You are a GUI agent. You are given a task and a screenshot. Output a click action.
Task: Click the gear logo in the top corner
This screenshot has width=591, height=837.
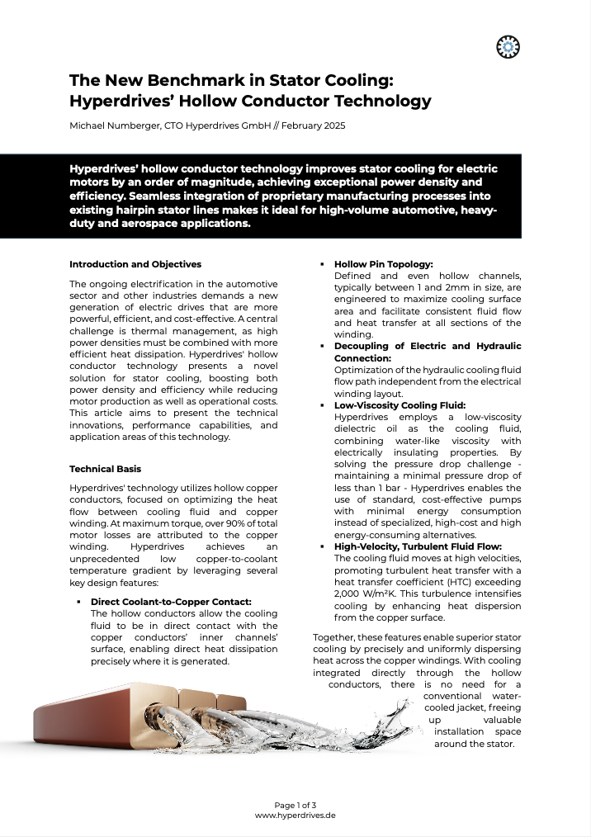click(x=508, y=48)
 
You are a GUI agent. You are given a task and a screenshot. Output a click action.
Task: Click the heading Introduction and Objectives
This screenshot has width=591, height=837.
click(x=135, y=264)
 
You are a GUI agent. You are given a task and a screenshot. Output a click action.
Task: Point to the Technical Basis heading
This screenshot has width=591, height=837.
click(x=105, y=469)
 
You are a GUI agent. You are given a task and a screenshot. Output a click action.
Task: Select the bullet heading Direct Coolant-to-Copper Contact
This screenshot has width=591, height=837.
click(x=171, y=602)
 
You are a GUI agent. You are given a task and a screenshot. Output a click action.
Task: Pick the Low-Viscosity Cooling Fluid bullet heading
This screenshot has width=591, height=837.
click(x=400, y=405)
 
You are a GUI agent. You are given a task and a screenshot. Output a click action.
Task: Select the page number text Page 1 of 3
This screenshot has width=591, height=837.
click(x=295, y=805)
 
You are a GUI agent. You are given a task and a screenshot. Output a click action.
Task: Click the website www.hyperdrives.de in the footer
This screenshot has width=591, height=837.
click(x=295, y=815)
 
